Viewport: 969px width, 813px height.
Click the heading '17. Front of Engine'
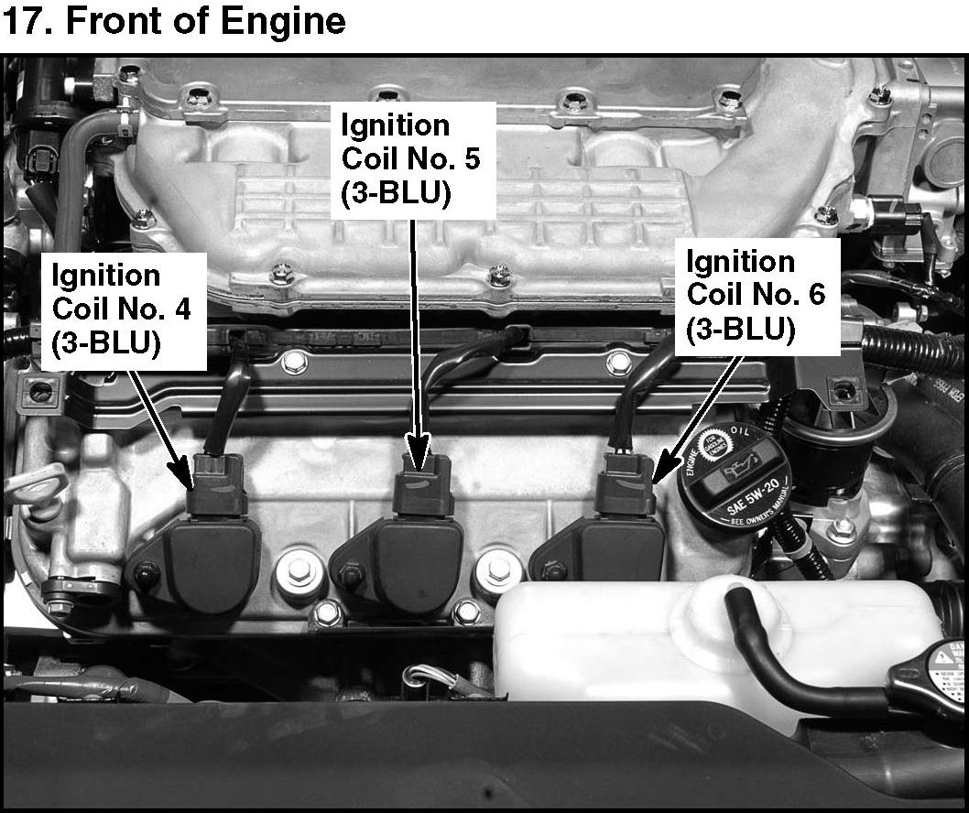click(174, 22)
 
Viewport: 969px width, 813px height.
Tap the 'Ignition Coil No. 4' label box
click(122, 309)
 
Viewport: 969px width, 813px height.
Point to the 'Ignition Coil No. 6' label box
click(757, 297)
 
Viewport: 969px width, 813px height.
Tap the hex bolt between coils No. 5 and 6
click(497, 570)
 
